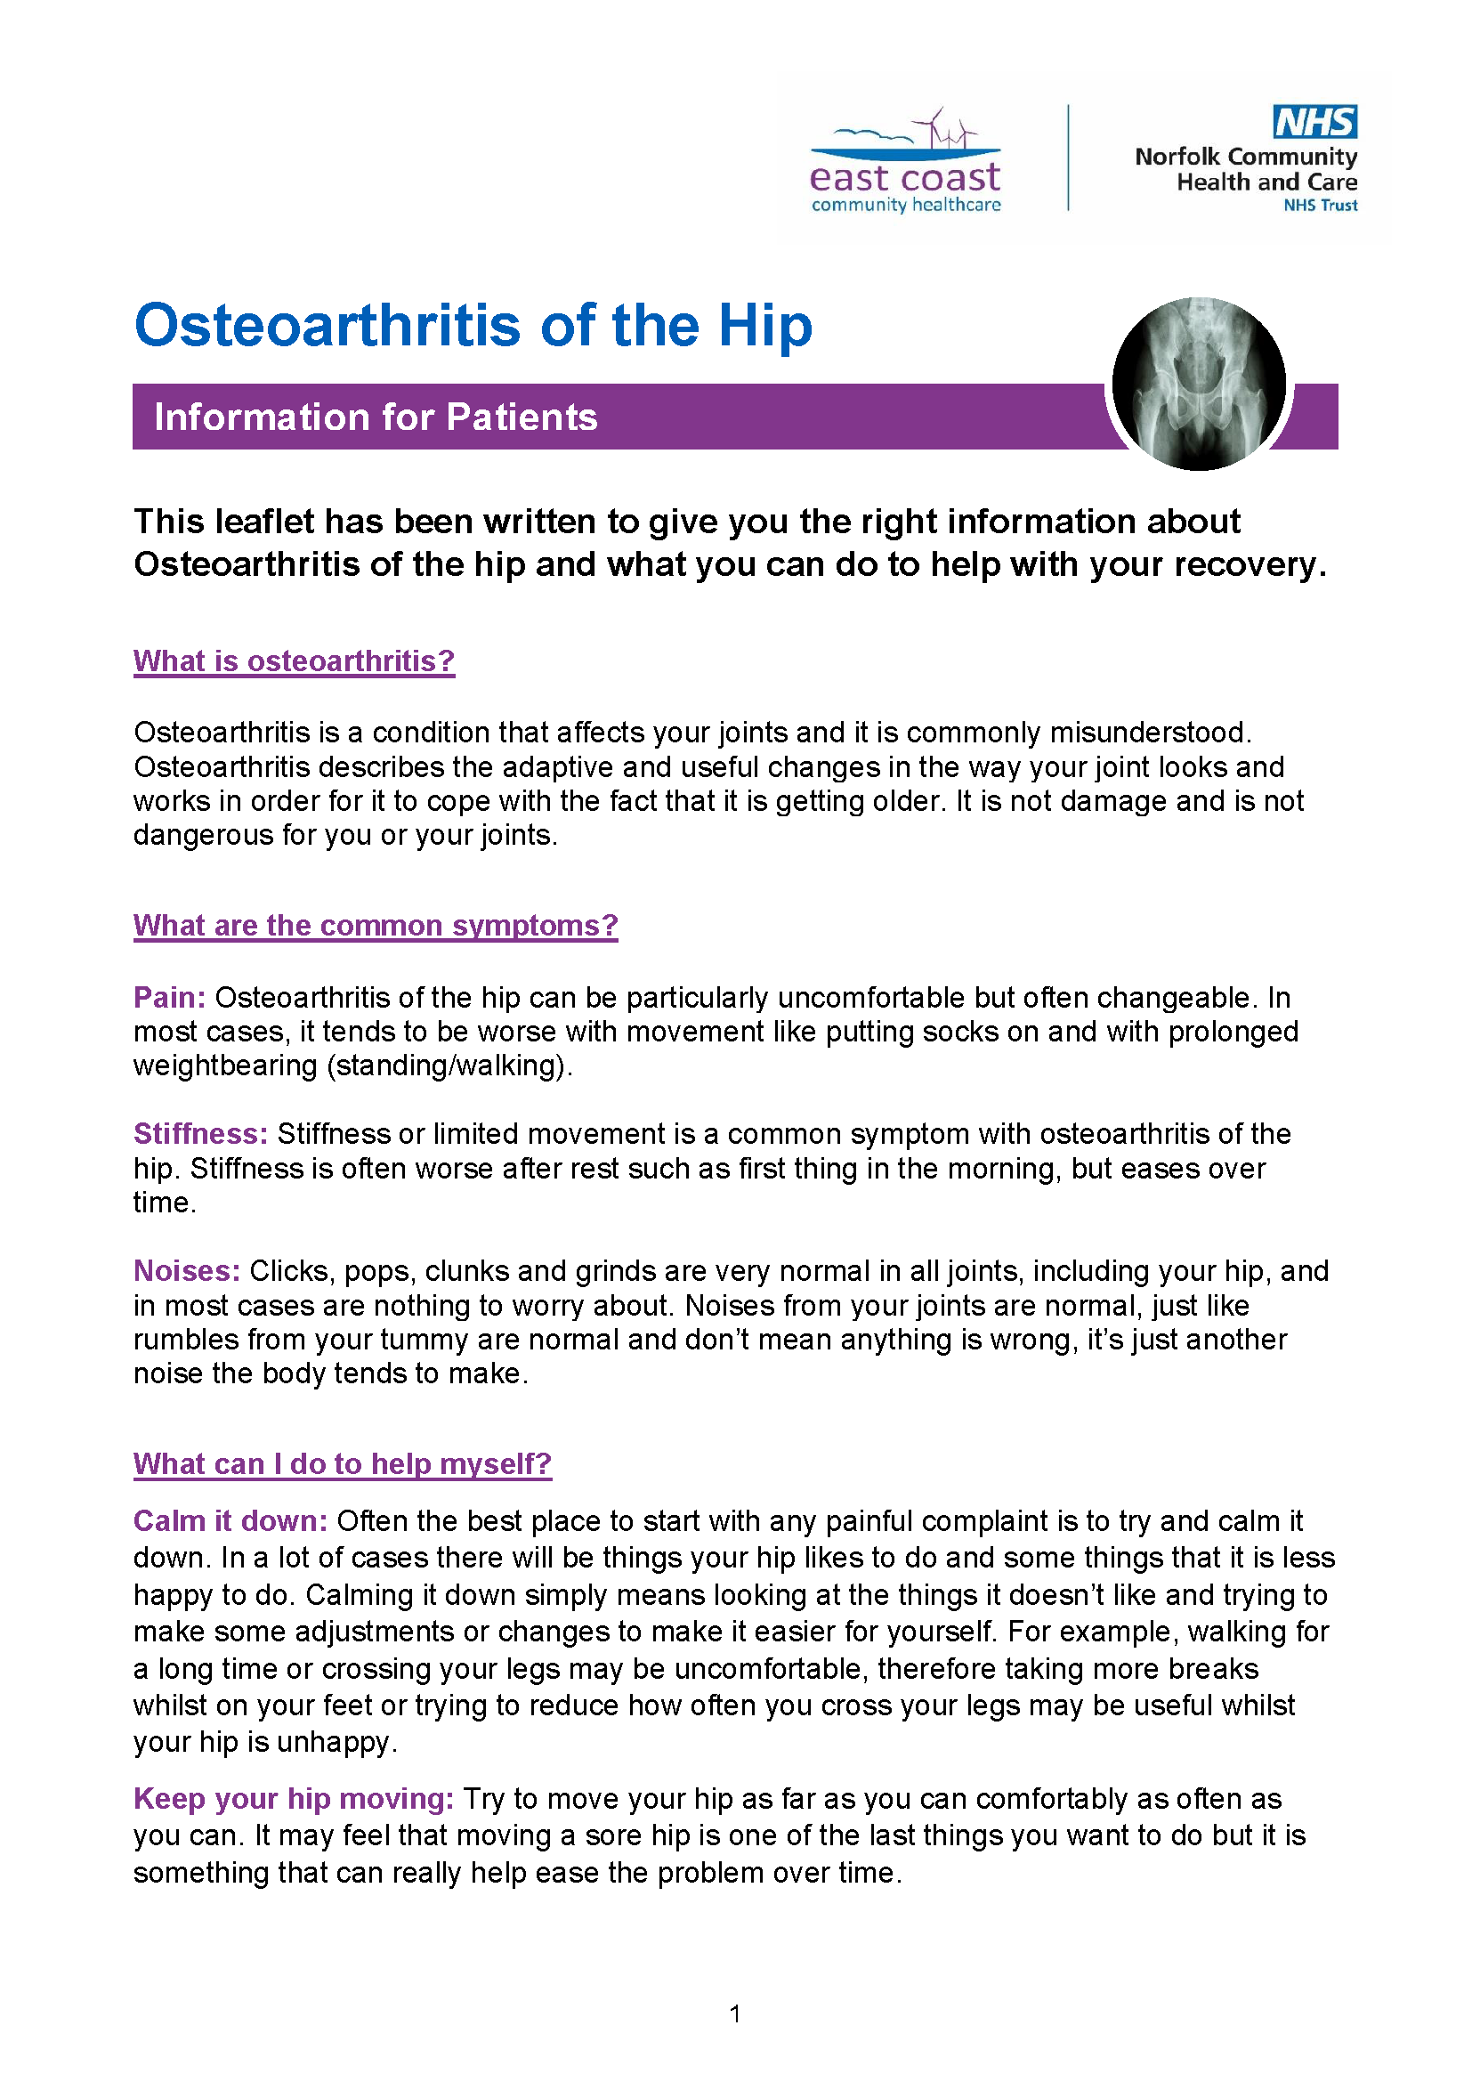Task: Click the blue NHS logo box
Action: coord(1314,122)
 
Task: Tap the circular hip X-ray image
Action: coord(1198,384)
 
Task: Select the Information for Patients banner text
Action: coord(376,417)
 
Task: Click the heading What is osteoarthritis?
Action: coord(294,661)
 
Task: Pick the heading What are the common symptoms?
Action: coord(376,925)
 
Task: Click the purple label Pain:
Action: coord(169,998)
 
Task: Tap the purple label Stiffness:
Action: coord(200,1133)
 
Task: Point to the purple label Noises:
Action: coord(187,1270)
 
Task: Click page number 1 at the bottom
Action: coord(735,2014)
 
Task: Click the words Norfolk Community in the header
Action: coord(1245,157)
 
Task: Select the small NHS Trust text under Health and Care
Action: coord(1320,206)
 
